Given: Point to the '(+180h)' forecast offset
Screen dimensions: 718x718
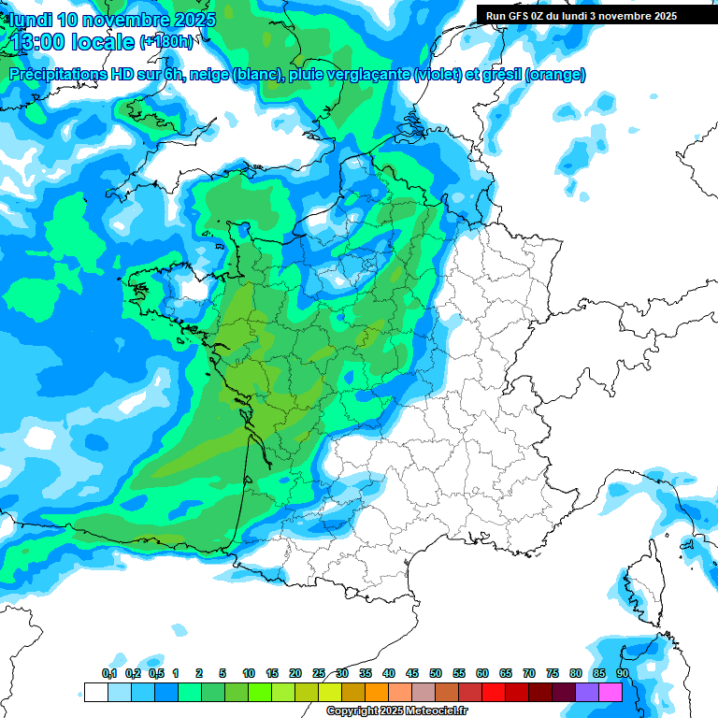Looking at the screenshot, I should tap(166, 42).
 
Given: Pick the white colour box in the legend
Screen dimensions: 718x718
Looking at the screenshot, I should tap(95, 692).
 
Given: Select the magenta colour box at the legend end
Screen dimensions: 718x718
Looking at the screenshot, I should tap(610, 692).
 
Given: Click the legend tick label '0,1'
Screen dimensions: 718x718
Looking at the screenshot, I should tap(108, 673).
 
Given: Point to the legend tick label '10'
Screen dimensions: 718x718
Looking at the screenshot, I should tap(249, 673).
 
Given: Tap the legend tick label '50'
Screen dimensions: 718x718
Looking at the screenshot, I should tap(436, 673).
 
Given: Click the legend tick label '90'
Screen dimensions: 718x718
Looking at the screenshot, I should tap(622, 673).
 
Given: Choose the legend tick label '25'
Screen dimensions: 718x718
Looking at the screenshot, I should tap(319, 673).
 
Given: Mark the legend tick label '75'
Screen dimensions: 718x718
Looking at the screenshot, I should tap(553, 673).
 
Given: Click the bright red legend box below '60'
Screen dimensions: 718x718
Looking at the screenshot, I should tap(494, 692).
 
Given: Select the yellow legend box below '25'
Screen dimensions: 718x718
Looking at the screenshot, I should tap(330, 692).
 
